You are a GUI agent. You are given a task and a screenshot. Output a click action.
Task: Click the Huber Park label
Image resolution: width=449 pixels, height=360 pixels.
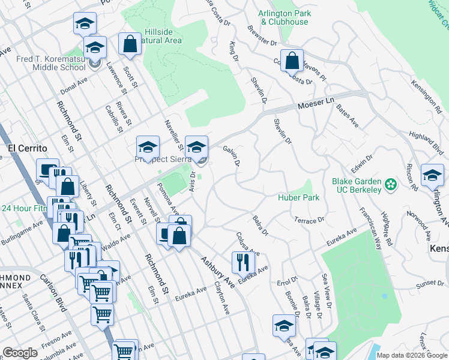click(x=298, y=197)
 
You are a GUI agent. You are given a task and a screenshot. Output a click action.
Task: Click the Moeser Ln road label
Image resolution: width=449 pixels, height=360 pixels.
click(x=316, y=106)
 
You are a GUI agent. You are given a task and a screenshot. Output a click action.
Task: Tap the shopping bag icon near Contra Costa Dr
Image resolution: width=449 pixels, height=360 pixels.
click(x=291, y=61)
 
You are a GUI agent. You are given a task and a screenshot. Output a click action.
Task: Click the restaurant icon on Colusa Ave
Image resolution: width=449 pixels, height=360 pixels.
click(x=243, y=262)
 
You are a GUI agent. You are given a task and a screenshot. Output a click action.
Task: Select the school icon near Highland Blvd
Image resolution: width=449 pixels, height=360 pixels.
click(x=432, y=175)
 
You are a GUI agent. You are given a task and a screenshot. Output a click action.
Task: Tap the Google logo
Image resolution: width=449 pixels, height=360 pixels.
click(x=21, y=353)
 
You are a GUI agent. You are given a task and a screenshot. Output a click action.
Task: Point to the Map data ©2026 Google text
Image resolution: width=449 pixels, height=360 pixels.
click(x=412, y=355)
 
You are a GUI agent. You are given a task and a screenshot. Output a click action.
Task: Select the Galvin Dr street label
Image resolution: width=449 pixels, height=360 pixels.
click(x=232, y=155)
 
